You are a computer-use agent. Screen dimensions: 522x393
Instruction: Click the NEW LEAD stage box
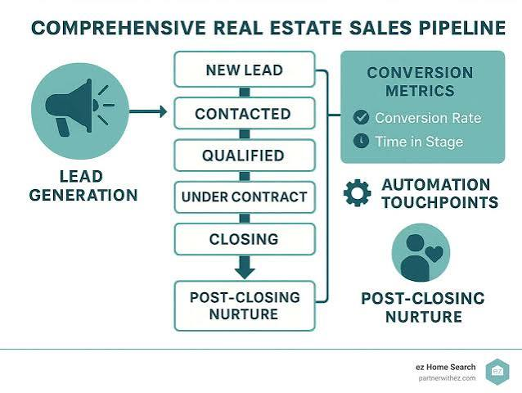pos(245,70)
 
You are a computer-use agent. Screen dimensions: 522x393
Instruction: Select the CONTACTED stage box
pos(245,113)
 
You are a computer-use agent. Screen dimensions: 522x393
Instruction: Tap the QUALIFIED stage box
pos(245,156)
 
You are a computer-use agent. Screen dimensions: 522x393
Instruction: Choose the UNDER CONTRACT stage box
pos(245,197)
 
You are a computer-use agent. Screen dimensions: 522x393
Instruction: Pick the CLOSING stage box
pos(245,239)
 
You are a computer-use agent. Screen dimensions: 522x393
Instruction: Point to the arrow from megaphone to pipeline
pos(148,111)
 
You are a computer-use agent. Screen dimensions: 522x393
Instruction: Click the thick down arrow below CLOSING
pos(245,267)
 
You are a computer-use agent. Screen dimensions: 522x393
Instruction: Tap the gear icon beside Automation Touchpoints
pos(358,193)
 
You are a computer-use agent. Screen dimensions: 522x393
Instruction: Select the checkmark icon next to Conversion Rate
pos(361,117)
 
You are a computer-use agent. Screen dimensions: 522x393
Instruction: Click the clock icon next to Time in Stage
pos(361,141)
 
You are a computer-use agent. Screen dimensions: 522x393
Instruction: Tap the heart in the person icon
pos(434,254)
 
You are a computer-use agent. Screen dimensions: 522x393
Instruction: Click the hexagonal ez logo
pos(497,372)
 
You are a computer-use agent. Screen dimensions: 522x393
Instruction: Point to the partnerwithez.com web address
pos(447,378)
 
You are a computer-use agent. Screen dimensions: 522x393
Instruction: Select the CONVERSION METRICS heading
pos(420,82)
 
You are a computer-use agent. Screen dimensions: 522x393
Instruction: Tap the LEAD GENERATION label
pos(83,186)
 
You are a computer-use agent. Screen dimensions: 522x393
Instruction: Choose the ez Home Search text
pos(445,367)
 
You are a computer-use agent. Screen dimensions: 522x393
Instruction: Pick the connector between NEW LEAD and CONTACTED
pos(245,93)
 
